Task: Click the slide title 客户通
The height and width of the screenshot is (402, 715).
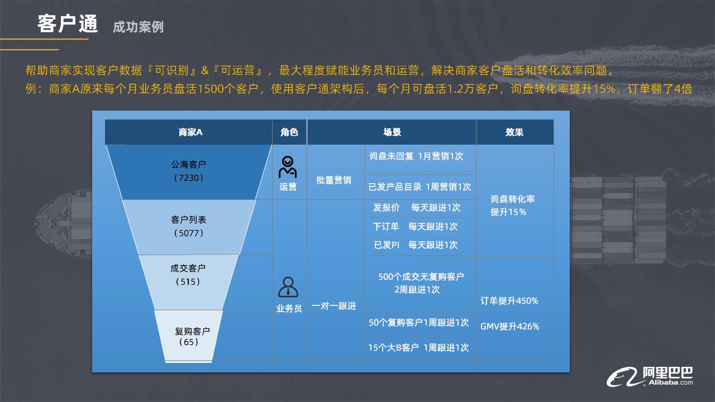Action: click(x=68, y=24)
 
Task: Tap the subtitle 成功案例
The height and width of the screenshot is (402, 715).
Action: click(x=138, y=27)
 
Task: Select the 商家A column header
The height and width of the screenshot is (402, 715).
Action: click(x=190, y=132)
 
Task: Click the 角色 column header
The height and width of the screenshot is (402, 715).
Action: click(x=289, y=132)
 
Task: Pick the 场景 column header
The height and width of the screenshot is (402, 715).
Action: click(x=392, y=132)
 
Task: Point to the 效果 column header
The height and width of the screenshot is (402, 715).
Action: click(x=514, y=132)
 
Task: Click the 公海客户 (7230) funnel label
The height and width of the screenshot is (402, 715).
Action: click(x=189, y=171)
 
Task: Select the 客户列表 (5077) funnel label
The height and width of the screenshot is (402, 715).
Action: click(x=189, y=226)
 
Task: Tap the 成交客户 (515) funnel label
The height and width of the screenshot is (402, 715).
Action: click(x=188, y=275)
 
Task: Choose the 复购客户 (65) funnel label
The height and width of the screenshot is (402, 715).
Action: click(x=192, y=336)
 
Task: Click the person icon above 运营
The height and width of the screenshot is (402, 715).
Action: click(x=288, y=167)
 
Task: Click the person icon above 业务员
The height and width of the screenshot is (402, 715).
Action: click(x=288, y=287)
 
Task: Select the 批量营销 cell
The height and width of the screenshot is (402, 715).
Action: click(x=333, y=180)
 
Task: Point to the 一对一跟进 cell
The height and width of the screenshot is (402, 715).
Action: click(x=333, y=306)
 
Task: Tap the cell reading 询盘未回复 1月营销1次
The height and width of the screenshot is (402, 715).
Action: click(x=416, y=156)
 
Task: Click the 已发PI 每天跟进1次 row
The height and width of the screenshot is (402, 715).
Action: click(x=416, y=245)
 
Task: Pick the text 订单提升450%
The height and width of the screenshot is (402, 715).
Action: click(x=509, y=300)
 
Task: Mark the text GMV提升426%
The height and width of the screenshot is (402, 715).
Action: click(x=510, y=327)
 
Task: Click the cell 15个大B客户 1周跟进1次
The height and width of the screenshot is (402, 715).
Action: click(x=418, y=347)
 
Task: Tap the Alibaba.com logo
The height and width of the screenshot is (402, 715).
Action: click(x=650, y=377)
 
